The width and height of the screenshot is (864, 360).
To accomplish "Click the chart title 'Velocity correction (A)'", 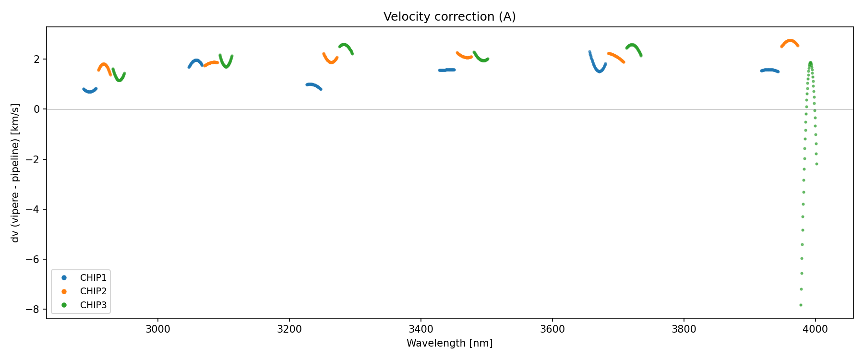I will (x=449, y=17).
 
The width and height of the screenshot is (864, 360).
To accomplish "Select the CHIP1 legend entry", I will (x=93, y=278).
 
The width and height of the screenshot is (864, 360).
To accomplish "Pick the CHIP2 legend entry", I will (x=93, y=291).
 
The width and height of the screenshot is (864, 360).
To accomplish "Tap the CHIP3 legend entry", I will (x=93, y=305).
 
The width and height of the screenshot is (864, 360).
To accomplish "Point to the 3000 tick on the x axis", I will (x=157, y=329).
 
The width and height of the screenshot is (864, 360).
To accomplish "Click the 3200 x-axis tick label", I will (x=289, y=329).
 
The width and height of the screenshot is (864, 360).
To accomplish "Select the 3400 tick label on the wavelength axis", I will (x=420, y=329).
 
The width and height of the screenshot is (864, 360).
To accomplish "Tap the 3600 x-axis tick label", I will (x=552, y=329).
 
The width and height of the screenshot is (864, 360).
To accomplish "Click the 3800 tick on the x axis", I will (x=684, y=329).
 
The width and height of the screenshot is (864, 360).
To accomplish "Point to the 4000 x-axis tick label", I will (x=815, y=329).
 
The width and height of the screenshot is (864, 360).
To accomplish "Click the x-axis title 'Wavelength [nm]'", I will (x=449, y=343).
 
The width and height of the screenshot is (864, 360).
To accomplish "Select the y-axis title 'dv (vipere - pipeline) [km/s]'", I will (x=15, y=173).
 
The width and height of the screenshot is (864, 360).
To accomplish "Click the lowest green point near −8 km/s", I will (x=801, y=305).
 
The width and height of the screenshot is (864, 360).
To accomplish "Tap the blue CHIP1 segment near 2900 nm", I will (x=90, y=91).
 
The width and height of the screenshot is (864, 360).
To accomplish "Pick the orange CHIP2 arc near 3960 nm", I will (x=790, y=41).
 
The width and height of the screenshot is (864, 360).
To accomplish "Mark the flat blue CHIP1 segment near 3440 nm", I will (x=447, y=70).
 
